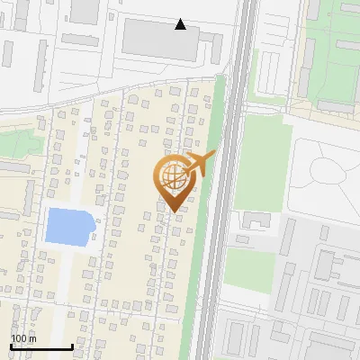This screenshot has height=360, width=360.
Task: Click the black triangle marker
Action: pyautogui.click(x=181, y=24)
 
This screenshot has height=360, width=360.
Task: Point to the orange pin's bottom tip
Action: pyautogui.click(x=175, y=212)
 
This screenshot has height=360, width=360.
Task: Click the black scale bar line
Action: pyautogui.click(x=41, y=346)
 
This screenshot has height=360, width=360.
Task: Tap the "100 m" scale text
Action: pyautogui.click(x=24, y=338)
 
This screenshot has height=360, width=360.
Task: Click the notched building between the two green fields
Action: pyautogui.click(x=259, y=220)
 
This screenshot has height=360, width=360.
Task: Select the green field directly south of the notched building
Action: pyautogui.click(x=249, y=270)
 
